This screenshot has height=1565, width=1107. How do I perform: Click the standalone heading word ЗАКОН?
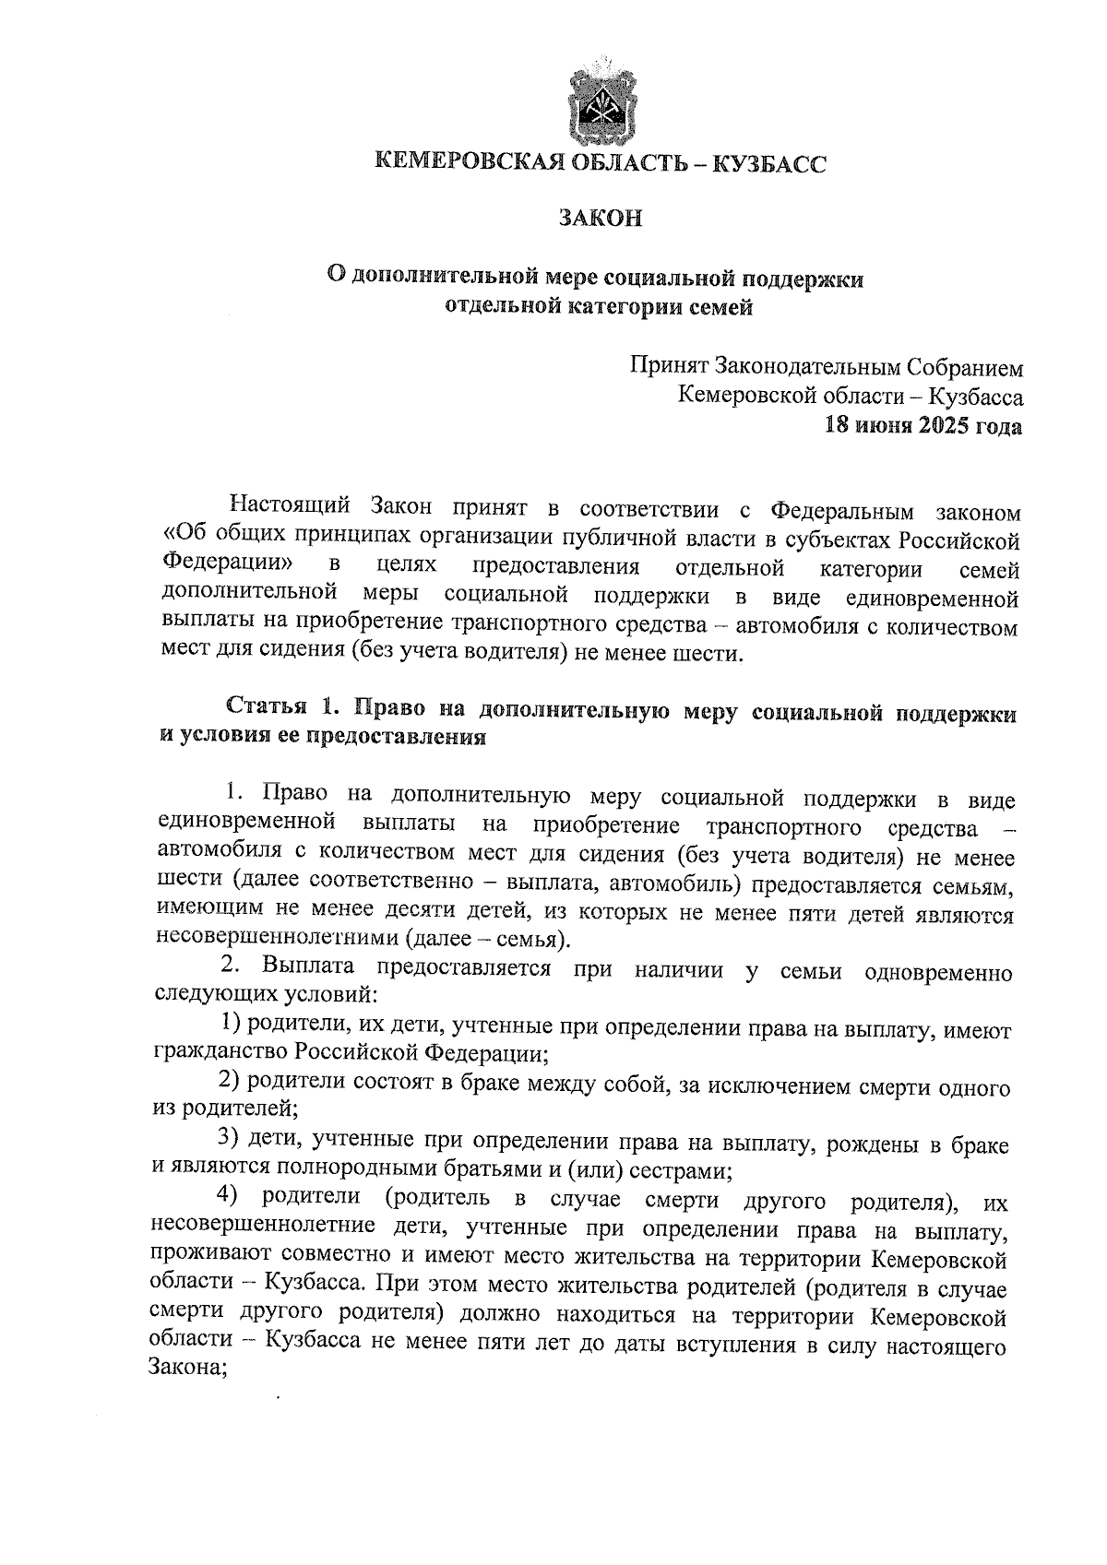601,219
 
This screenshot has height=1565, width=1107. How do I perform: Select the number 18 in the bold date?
836,427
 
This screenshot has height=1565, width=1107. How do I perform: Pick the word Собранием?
967,368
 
